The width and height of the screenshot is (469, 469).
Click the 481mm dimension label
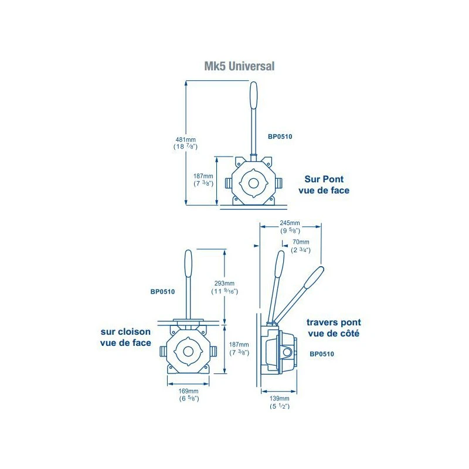click(x=185, y=140)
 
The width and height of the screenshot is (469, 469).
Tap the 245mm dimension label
click(x=290, y=223)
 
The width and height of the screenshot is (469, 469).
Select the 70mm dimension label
click(x=300, y=242)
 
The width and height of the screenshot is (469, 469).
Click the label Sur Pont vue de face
click(x=327, y=185)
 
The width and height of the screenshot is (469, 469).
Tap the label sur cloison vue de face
click(x=126, y=337)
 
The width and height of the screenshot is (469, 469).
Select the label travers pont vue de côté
click(x=334, y=328)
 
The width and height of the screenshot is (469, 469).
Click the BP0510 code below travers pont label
click(x=322, y=354)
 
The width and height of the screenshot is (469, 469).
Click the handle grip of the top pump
click(x=253, y=94)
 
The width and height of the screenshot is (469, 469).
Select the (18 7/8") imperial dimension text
click(x=185, y=147)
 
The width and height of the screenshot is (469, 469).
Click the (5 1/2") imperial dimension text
click(x=280, y=406)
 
